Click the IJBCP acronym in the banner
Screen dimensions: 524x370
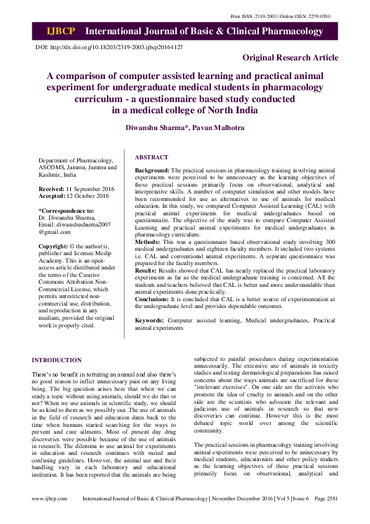click(60, 30)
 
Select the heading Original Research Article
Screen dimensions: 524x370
click(290, 58)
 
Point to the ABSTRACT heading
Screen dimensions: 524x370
click(152, 158)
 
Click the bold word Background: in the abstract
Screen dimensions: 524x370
click(152, 170)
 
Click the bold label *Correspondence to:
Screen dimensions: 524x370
click(67, 210)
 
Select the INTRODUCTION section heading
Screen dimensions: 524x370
click(57, 360)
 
